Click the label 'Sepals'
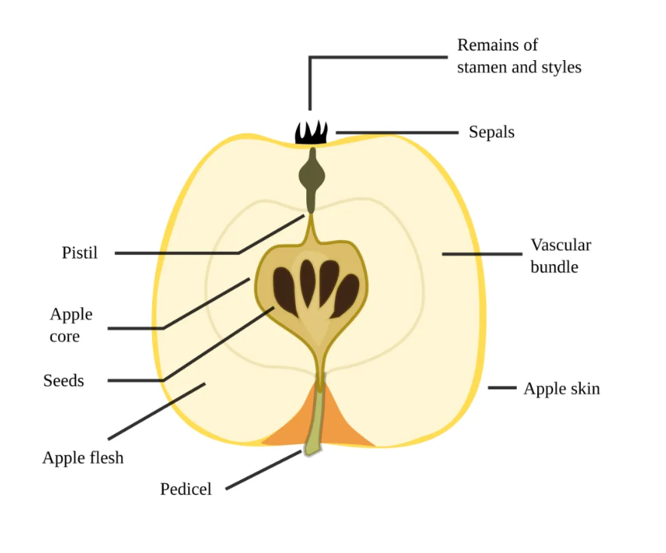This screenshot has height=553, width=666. pos(491,132)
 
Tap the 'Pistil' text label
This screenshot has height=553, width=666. pos(80,253)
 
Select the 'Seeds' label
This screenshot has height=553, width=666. pos(63,381)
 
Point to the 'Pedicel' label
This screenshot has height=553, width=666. pos(186,489)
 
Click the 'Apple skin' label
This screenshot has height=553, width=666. pos(561,389)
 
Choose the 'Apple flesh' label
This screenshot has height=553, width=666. pos(83,458)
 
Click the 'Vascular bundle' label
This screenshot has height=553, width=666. pos(561,256)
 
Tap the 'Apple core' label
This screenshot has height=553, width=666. pos(71,325)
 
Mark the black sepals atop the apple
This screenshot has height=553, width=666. pos(312,133)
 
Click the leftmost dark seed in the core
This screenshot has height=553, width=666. pos(285,291)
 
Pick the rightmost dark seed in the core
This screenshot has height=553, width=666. pos(345,296)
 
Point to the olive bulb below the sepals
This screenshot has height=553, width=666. pos(312,176)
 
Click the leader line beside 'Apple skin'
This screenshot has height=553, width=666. pos(502,387)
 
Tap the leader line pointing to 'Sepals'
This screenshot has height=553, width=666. pos(397,132)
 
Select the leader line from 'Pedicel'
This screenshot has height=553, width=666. pos(264,470)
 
